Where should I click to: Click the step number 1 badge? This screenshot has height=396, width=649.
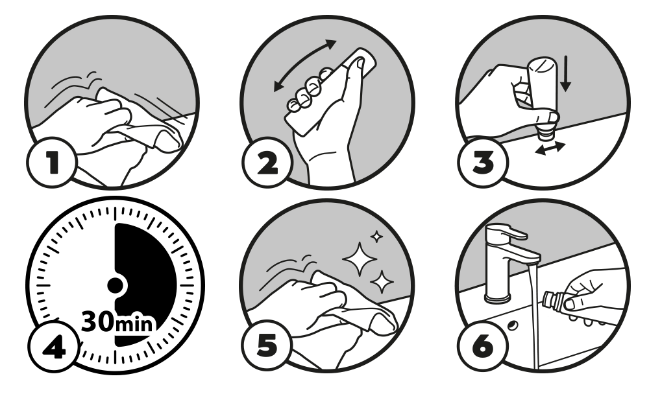pos(52,162)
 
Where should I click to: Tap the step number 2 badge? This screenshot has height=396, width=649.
pos(267,162)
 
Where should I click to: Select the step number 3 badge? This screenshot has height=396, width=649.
pos(483,161)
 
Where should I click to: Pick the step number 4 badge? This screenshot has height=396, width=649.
pos(54,346)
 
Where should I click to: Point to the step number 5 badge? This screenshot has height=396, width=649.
pos(267,345)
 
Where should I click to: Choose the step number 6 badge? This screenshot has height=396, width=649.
pos(483,345)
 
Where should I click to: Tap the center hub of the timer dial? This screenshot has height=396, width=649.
pos(115,285)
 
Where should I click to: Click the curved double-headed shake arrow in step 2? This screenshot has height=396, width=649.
pos(305,64)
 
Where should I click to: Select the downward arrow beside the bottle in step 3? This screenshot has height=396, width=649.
pos(565,74)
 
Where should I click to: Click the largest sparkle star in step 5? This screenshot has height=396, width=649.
pos(360,259)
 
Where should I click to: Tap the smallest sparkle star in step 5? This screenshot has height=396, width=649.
pos(376,237)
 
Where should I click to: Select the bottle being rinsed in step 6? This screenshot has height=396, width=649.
pos(557,301)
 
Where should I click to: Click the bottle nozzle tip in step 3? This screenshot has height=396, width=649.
pos(545,135)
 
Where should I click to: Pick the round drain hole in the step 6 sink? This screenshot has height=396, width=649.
pos(513,325)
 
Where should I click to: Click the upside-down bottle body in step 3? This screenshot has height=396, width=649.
pos(541,85)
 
